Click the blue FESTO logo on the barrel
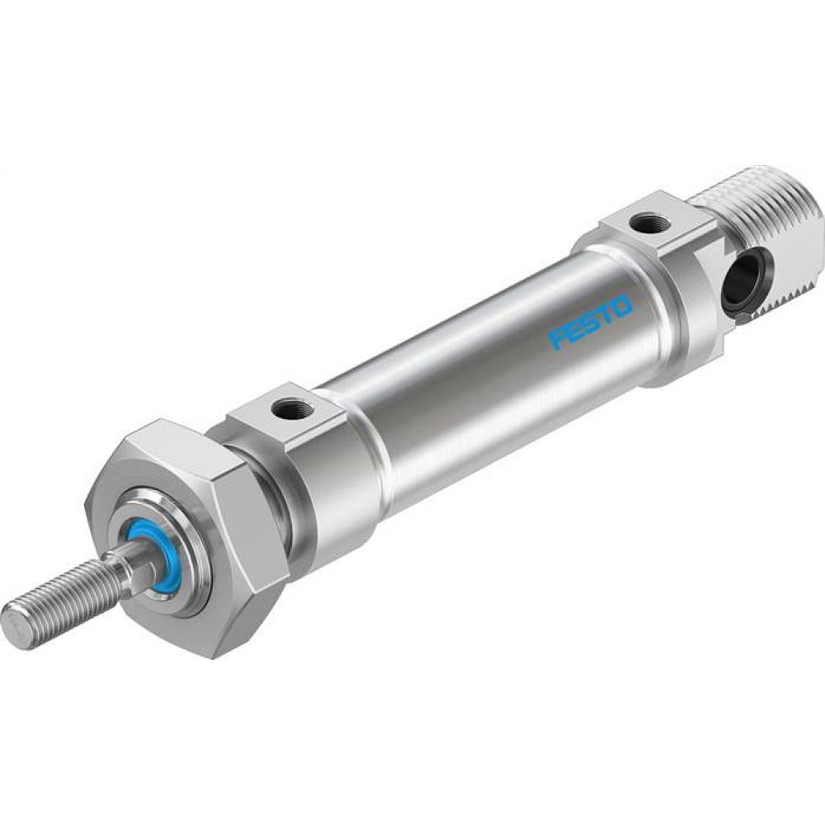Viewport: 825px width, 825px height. click(592, 322)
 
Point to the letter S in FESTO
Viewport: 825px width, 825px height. click(591, 323)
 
